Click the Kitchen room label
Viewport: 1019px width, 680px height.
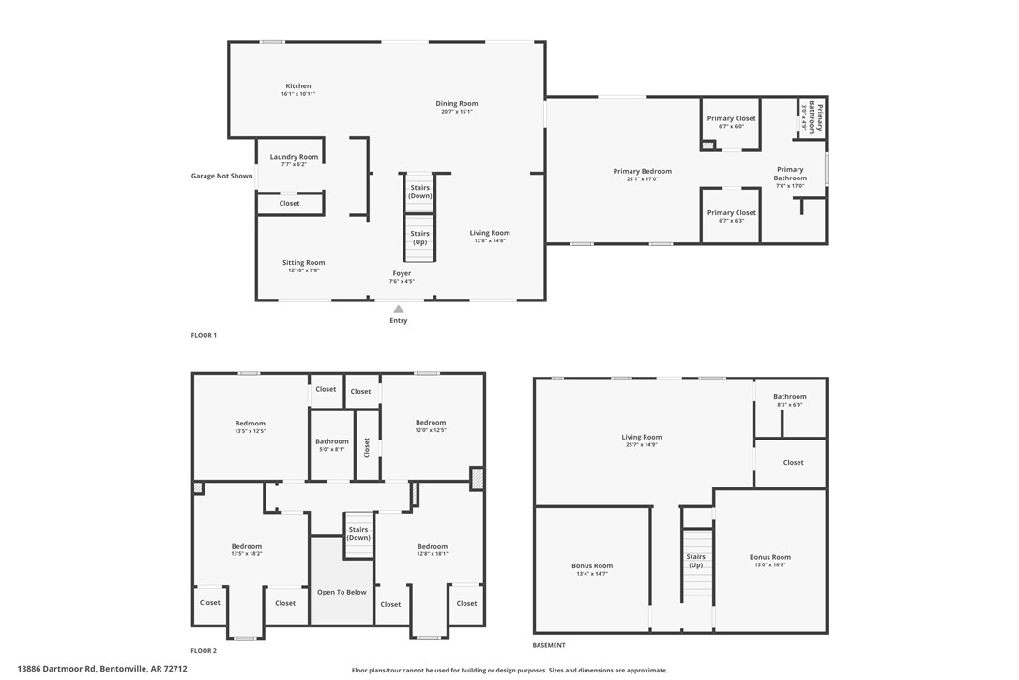297,86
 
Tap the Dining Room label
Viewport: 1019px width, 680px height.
457,104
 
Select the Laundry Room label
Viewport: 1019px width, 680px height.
294,157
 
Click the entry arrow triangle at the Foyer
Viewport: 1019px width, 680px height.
399,309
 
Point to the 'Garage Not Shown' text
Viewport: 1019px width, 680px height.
221,176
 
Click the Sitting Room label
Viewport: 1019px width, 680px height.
303,263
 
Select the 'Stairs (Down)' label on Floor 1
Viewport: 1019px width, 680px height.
419,192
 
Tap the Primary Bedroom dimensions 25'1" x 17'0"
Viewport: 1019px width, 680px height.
643,178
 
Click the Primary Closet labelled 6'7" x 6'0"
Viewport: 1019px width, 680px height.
731,119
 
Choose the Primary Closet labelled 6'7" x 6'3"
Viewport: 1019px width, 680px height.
731,213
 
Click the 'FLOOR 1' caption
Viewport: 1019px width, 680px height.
204,335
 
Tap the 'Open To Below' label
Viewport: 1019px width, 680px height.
342,592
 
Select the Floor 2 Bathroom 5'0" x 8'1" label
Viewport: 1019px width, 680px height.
331,441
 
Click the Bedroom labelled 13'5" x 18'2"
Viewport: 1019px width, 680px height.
247,546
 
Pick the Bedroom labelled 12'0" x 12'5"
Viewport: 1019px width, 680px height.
431,423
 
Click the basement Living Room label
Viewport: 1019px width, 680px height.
642,437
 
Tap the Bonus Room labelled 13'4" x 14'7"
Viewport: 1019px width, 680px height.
592,566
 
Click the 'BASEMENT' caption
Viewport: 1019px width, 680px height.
549,645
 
